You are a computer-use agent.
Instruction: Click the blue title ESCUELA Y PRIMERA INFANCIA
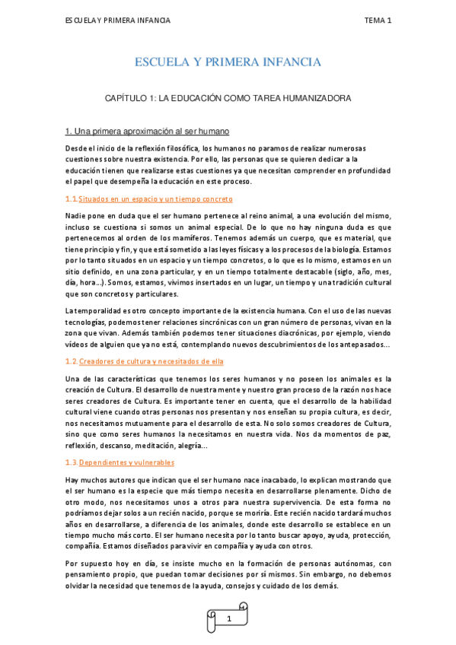coord(228,62)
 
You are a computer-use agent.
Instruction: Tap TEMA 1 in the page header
coord(377,21)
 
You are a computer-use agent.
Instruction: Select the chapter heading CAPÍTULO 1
coord(228,99)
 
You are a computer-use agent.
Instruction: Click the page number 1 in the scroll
coord(228,619)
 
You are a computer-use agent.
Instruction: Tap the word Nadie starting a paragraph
coord(76,216)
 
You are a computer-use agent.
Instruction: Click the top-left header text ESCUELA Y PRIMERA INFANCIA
coord(117,21)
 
